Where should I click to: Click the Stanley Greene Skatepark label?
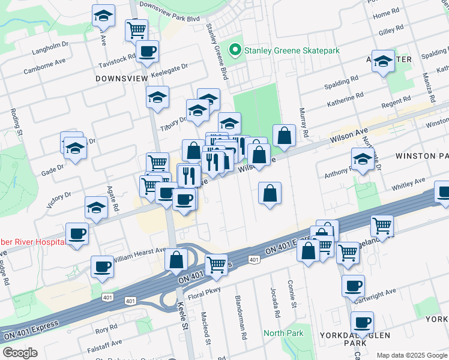pos(292,50)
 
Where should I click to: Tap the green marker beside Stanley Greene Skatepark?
pos(235,50)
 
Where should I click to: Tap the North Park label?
pos(283,333)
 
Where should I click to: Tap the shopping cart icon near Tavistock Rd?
pos(137,28)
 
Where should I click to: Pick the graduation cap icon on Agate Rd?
pos(96,208)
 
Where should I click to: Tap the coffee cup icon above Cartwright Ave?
pos(353,285)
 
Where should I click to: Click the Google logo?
pos(20,352)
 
